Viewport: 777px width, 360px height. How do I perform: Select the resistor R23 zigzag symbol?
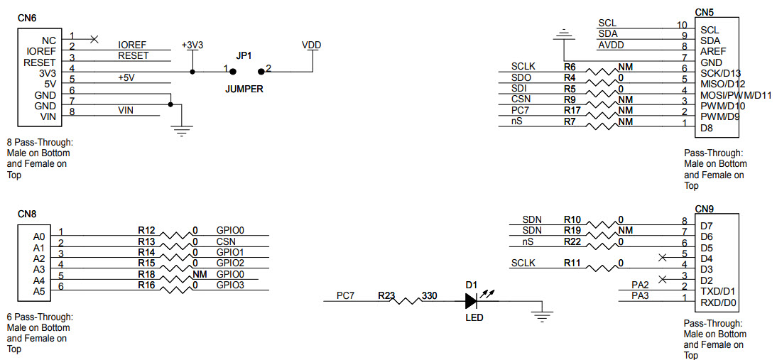click(x=408, y=301)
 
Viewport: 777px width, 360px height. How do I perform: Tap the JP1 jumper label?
click(x=244, y=55)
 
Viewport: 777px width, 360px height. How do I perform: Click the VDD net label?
click(x=311, y=45)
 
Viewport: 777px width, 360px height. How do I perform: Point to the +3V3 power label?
click(x=192, y=45)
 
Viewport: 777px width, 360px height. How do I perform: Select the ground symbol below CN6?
click(x=183, y=129)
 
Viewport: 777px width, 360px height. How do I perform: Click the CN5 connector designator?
click(x=704, y=12)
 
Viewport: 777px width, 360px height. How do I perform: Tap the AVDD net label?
click(x=611, y=45)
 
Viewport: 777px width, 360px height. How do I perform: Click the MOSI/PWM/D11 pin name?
click(x=735, y=95)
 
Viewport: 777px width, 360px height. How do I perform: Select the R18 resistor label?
click(x=146, y=274)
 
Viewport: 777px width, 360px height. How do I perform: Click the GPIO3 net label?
click(x=230, y=285)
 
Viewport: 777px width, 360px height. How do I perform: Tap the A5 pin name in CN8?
click(x=38, y=290)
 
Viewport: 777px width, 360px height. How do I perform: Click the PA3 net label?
click(x=640, y=295)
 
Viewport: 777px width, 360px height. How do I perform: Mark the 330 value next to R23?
click(x=429, y=295)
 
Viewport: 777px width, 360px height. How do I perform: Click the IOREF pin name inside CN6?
click(x=40, y=52)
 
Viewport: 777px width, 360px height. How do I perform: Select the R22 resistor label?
click(x=572, y=241)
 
